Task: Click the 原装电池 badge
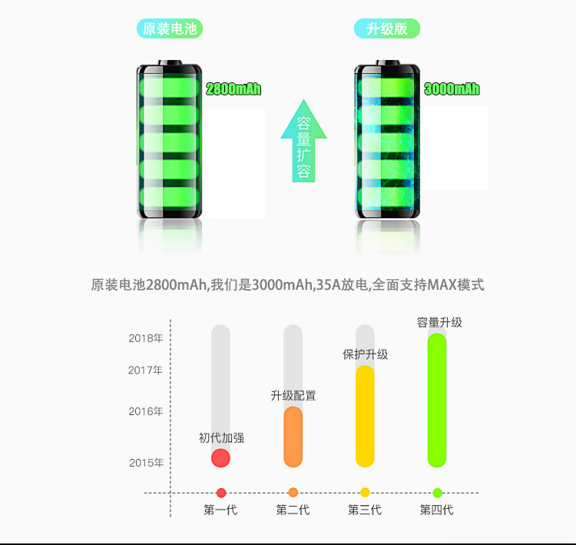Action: coord(170,29)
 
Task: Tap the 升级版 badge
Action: coord(386,29)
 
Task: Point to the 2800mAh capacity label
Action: coord(233,89)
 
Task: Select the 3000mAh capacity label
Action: coord(452,89)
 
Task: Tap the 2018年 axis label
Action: coord(146,338)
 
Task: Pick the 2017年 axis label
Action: coord(146,370)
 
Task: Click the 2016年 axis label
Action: coord(146,411)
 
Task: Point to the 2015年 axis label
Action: coord(146,462)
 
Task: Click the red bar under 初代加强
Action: coord(220,458)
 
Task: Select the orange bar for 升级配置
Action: coord(293,437)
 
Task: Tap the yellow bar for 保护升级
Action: coord(365,416)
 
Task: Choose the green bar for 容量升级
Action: coord(437,400)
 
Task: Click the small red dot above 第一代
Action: coord(221,493)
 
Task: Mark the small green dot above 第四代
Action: coord(437,493)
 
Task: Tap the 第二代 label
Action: coord(293,510)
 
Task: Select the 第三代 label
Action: coord(365,510)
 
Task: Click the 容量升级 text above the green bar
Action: coord(439,322)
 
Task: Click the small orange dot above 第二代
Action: coord(293,493)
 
